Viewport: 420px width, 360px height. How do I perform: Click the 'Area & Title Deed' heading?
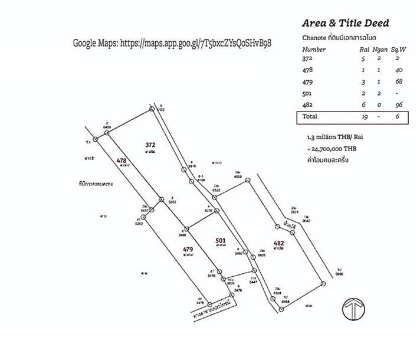click(345, 24)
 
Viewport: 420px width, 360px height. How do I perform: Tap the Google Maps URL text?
click(172, 44)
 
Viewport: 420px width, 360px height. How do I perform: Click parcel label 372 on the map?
click(150, 144)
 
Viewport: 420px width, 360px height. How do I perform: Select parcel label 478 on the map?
click(122, 161)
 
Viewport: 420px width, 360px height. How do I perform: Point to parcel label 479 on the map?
click(188, 249)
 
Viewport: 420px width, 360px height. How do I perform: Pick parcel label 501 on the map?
click(221, 240)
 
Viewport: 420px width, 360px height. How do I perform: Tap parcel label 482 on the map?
click(279, 243)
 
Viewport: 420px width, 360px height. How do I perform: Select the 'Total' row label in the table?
click(310, 117)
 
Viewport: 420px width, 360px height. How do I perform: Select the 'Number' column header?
click(314, 50)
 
